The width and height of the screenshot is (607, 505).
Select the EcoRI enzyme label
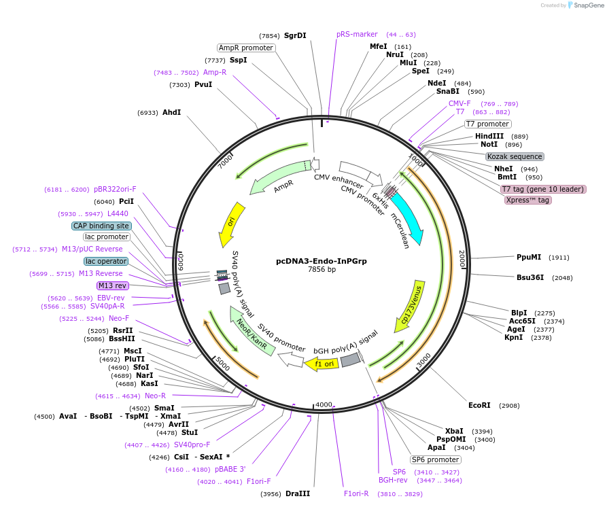479,405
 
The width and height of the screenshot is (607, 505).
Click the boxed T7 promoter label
487,124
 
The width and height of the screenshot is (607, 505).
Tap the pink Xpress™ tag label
527,200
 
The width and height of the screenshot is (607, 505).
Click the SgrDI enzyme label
295,35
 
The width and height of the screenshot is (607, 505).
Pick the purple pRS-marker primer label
357,34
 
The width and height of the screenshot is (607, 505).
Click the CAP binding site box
101,226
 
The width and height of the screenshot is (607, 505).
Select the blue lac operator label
106,261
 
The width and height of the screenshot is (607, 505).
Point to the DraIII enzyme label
298,493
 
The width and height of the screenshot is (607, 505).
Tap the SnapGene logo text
589,5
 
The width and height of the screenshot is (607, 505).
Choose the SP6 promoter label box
436,459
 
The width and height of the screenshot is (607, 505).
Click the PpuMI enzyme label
529,258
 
